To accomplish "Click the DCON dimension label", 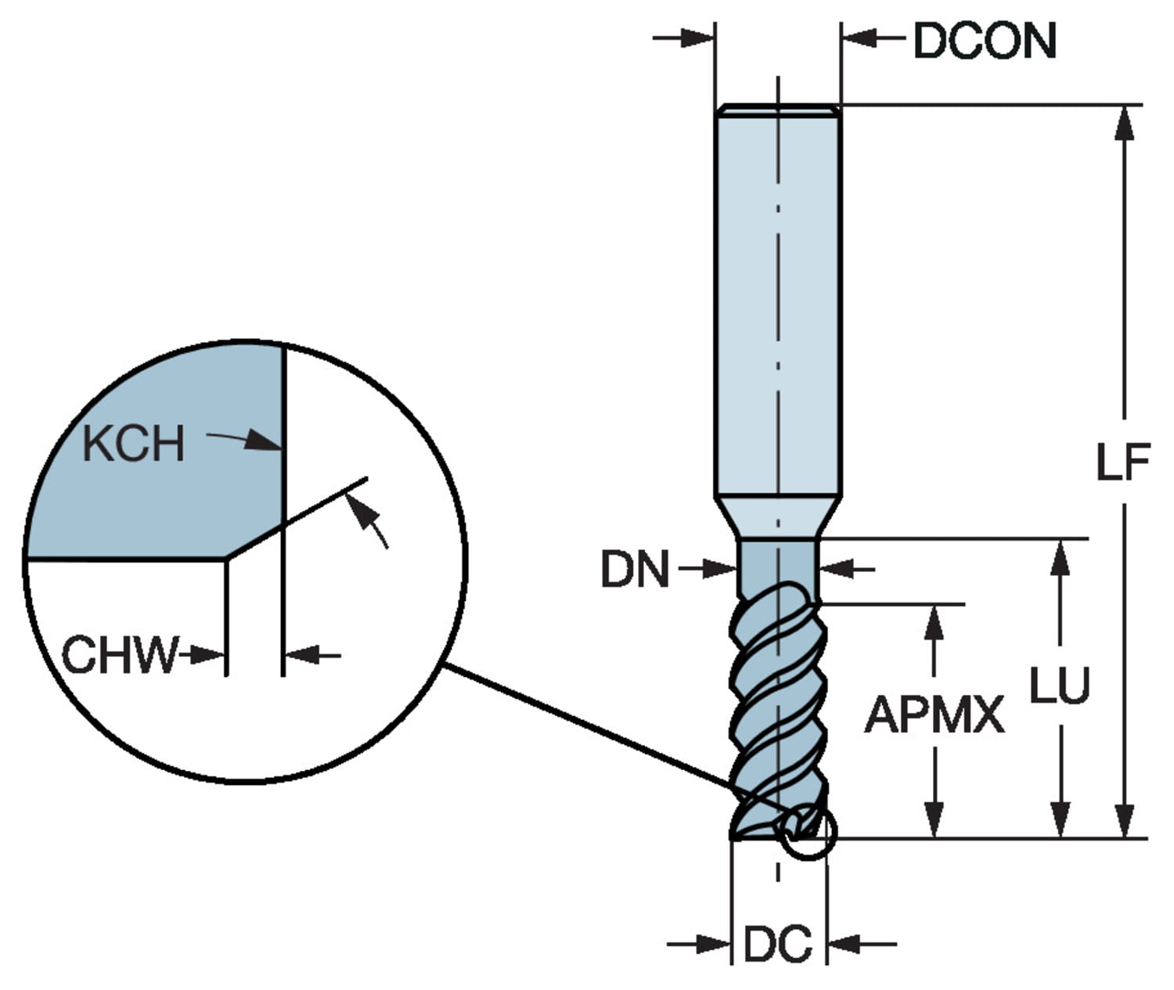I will pos(985,41).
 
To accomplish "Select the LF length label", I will pos(1122,462).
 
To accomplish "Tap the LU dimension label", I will pos(1059,686).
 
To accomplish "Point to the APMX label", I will pos(934,715).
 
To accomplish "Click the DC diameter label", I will pos(777,945).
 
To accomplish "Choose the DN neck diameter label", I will pos(635,569).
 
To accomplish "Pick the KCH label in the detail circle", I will pos(133,444).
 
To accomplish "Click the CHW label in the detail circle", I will pos(120,654).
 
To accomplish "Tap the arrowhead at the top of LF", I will pos(1124,125).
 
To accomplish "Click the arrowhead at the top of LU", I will pos(1060,557).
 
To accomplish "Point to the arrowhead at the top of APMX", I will pos(934,623).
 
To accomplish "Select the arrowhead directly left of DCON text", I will pos(859,38).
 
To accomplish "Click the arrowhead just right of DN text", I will pos(720,569).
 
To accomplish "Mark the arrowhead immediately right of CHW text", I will pos(209,654).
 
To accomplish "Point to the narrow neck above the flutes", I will pos(778,563).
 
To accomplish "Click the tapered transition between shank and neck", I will pos(778,517).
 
